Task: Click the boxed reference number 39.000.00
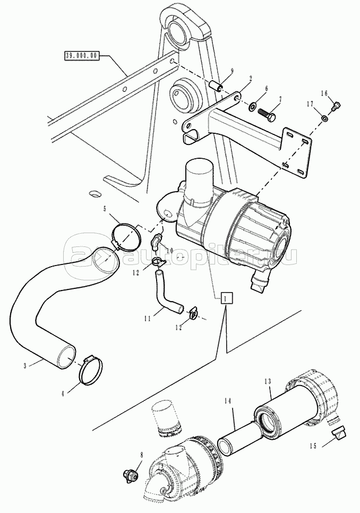(x=81, y=56)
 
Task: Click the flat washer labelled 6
(x=252, y=106)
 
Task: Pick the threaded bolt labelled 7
(x=267, y=114)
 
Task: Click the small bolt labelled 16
(x=336, y=106)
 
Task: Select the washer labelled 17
(x=324, y=118)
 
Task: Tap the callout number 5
(x=105, y=208)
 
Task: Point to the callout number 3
(x=24, y=366)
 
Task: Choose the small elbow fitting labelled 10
(x=157, y=241)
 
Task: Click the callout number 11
(x=148, y=318)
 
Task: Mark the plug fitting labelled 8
(x=130, y=474)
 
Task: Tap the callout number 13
(x=268, y=381)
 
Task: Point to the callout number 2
(x=250, y=78)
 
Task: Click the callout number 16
(x=324, y=93)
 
